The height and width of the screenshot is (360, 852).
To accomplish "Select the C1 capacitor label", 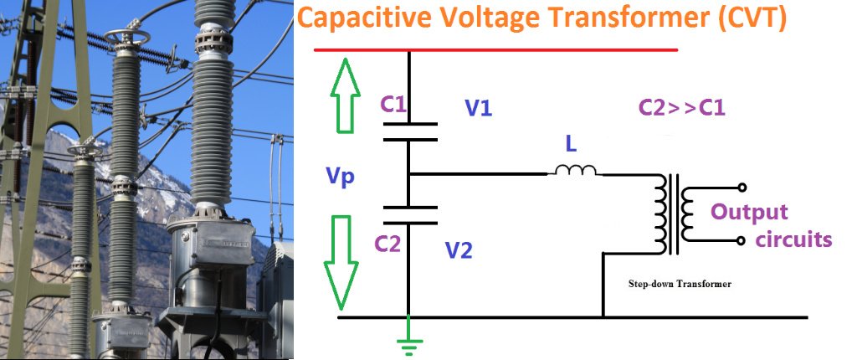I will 393,105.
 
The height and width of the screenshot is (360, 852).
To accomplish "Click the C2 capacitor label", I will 388,244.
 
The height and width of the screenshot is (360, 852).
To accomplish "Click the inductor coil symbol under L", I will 574,171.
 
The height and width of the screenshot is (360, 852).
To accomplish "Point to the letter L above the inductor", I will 571,145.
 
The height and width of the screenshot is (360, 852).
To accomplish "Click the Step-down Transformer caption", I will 680,284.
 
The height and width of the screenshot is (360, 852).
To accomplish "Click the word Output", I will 749,212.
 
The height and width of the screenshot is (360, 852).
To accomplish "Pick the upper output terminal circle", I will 742,188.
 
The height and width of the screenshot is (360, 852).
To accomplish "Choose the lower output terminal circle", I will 742,241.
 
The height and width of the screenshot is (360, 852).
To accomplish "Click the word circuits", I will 793,240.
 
